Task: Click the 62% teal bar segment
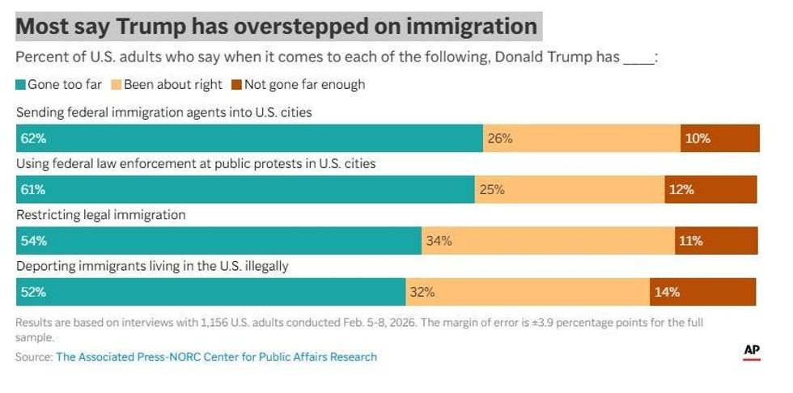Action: pyautogui.click(x=249, y=138)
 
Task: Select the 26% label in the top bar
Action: pyautogui.click(x=499, y=138)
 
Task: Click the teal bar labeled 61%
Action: pyautogui.click(x=245, y=190)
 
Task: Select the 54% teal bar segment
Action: pyautogui.click(x=218, y=241)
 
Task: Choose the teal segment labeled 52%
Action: pyautogui.click(x=210, y=292)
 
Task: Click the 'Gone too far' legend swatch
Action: pyautogui.click(x=21, y=84)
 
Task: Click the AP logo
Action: pyautogui.click(x=752, y=351)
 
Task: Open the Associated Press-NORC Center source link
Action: pyautogui.click(x=216, y=357)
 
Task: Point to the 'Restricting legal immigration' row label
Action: pyautogui.click(x=101, y=215)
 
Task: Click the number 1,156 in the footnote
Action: pyautogui.click(x=216, y=322)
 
